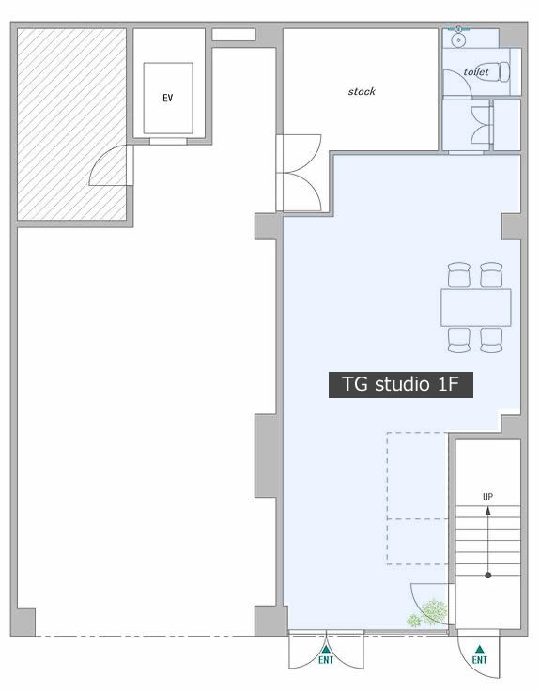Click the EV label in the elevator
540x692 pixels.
pos(168,98)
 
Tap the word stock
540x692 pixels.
pos(362,91)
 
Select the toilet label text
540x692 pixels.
pos(476,71)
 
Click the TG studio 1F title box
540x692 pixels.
pos(400,385)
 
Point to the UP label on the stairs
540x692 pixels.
pos(488,497)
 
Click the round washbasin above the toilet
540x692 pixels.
pos(458,40)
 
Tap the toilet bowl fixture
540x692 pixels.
pos(504,72)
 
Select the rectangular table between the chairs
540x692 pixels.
pos(475,308)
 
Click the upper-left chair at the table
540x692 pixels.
pos(458,274)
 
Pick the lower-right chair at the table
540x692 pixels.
pos(491,340)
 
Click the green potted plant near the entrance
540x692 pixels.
pos(427,613)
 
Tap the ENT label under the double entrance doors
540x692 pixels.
pos(326,660)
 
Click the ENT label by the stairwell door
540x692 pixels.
pos(480,660)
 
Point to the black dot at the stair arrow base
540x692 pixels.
pos(488,575)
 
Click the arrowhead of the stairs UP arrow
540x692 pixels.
pos(488,511)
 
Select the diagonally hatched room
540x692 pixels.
pos(71,124)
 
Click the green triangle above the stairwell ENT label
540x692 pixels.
pos(480,649)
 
